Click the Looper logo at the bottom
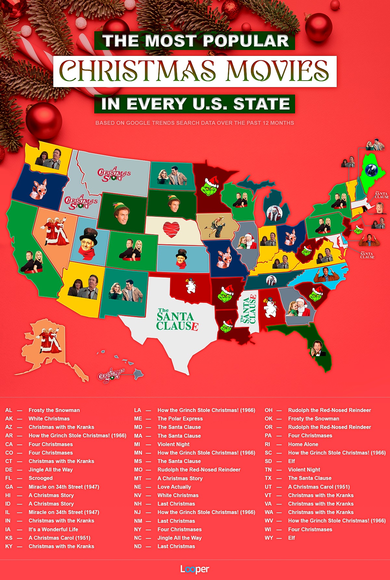(x=195, y=569)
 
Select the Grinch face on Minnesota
(x=210, y=186)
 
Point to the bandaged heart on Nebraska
(x=171, y=229)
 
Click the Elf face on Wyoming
(x=122, y=213)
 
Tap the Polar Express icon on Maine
(x=371, y=170)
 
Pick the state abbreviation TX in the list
(x=268, y=478)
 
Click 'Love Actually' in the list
(x=174, y=487)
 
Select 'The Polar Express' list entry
(x=180, y=419)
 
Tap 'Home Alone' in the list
(x=303, y=444)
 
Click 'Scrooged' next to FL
(x=41, y=478)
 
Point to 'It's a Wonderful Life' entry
(x=53, y=529)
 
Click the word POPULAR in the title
(x=246, y=41)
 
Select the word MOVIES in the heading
(x=277, y=71)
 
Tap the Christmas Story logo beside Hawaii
(x=111, y=375)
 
